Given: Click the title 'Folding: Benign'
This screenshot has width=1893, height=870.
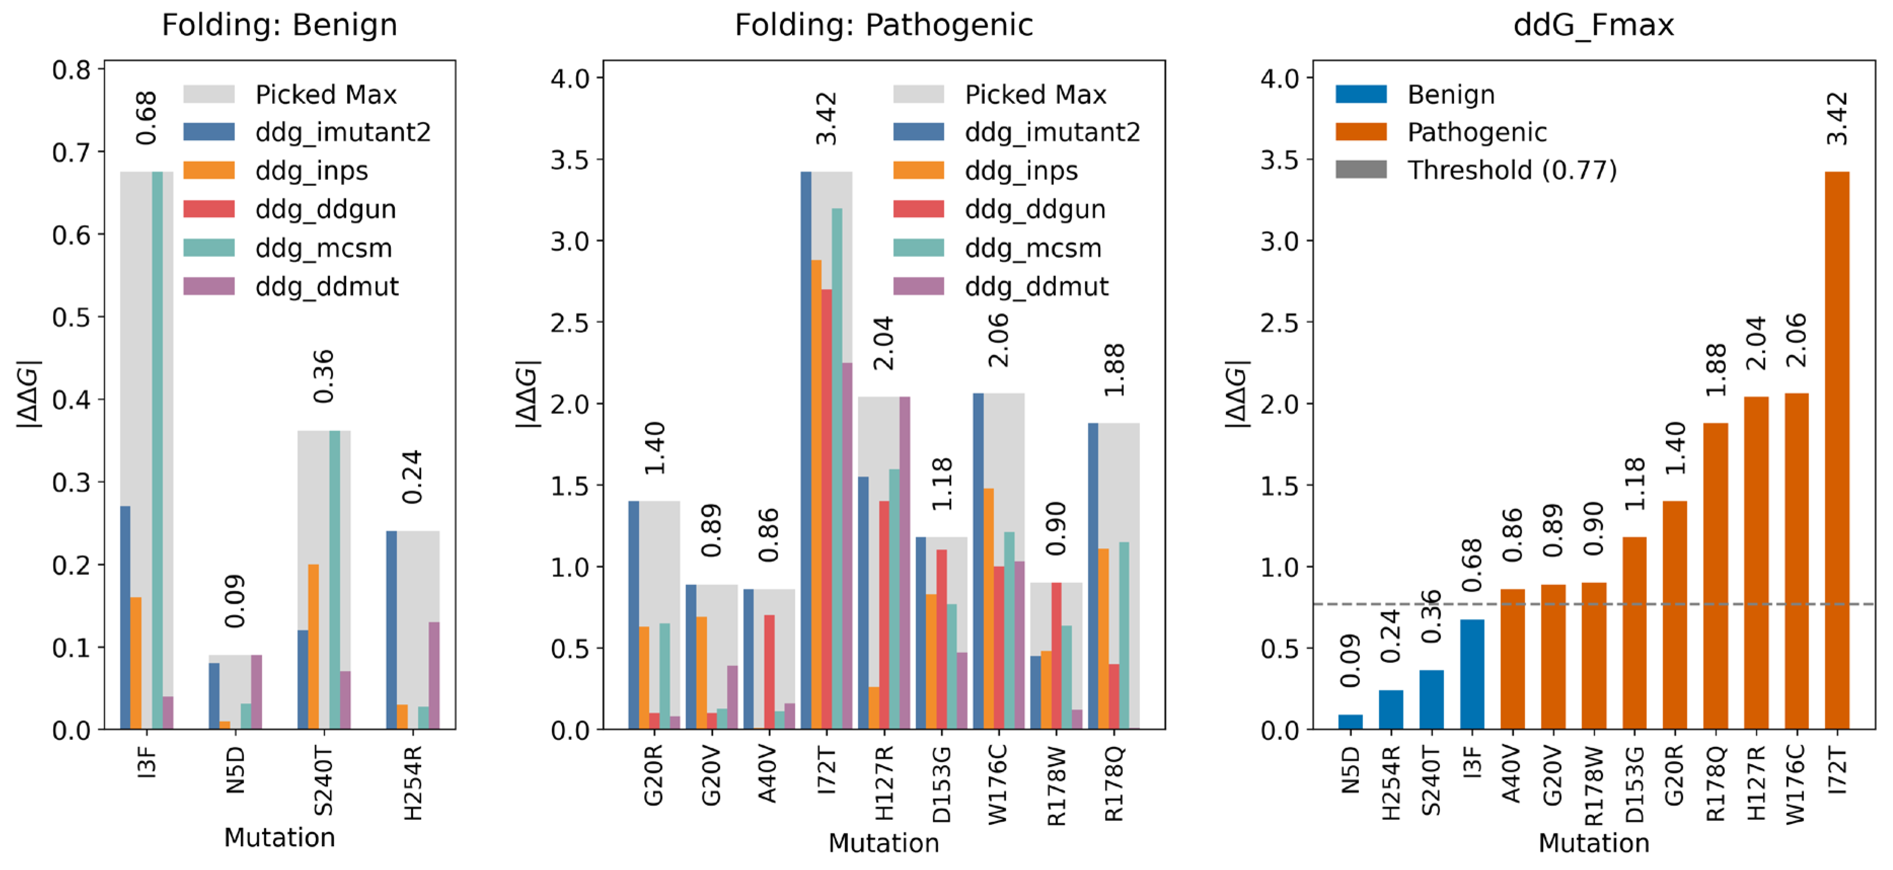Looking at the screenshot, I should click(279, 25).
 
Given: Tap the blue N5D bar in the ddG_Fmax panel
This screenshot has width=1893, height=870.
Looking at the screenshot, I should click(1350, 721).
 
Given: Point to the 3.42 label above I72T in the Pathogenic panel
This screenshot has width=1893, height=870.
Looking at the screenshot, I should click(827, 118).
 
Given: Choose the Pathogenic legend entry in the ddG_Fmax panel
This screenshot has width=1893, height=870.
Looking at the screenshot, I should click(1476, 132).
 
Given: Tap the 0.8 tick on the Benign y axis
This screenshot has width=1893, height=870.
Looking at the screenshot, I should click(71, 70).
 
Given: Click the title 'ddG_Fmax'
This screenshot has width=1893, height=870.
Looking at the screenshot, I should click(1593, 25).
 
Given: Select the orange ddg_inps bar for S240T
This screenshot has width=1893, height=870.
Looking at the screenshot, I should click(314, 647).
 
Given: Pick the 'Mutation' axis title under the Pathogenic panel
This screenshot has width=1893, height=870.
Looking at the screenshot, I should click(883, 843).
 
